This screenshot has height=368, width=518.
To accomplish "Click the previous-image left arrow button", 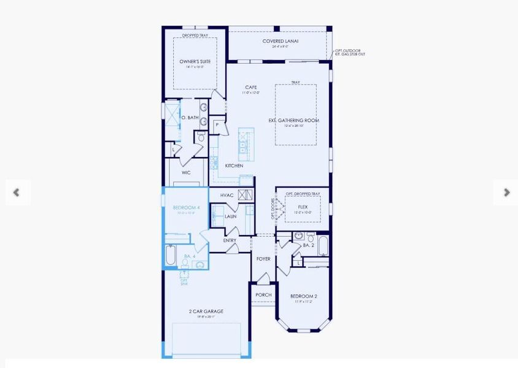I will tap(17, 193).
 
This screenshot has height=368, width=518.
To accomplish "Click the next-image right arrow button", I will tap(506, 193).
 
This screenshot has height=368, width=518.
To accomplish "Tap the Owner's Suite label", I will tap(195, 62).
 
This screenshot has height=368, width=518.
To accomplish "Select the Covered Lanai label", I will tap(280, 41).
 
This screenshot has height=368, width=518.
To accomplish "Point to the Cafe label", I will tap(250, 87).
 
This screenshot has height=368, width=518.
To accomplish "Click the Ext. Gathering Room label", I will tap(293, 120).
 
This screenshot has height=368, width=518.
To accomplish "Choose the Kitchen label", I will tap(234, 166).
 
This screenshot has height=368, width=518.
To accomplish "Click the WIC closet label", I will tap(186, 172).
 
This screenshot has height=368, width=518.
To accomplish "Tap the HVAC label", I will tap(227, 195).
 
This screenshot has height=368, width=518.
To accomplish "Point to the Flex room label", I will tap(303, 207).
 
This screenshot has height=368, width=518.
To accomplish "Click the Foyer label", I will tap(263, 259).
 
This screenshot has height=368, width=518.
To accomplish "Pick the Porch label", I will tap(263, 295).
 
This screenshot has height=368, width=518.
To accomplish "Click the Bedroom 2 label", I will tap(304, 296).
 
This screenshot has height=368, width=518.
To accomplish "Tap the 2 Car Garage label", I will tap(206, 311).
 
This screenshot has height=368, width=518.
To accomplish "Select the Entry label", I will tap(230, 240).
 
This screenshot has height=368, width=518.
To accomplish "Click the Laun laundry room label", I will tap(231, 216).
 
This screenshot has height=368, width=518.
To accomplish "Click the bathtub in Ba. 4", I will tap(171, 255).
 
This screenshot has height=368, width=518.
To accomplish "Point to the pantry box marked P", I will tap(217, 125).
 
